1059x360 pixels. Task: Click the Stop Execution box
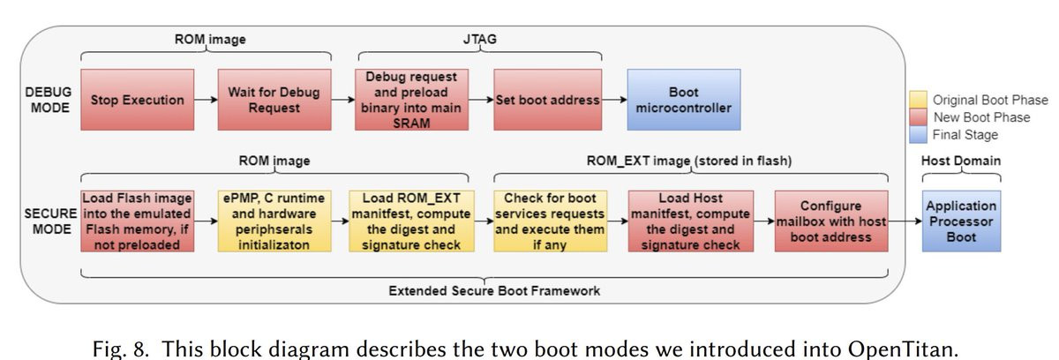(x=136, y=100)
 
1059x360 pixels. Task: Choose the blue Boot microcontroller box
(x=685, y=100)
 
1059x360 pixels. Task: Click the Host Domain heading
(x=961, y=161)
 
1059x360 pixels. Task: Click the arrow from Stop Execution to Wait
(x=205, y=100)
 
